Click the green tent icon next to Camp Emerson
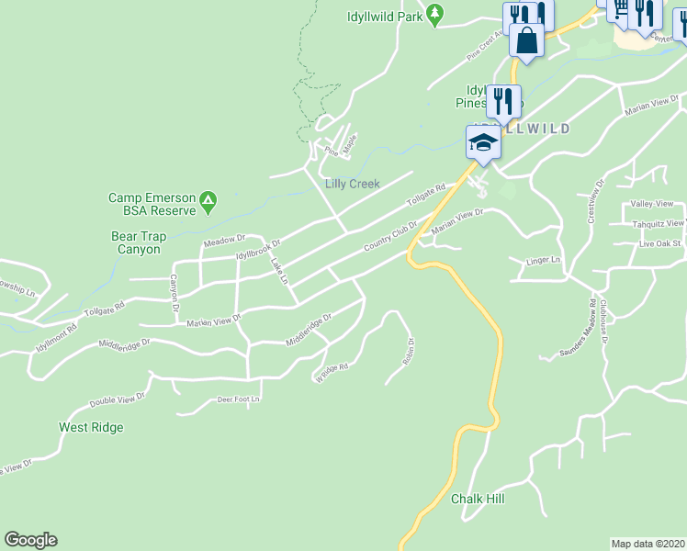[x=209, y=198]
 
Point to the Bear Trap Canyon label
[x=136, y=242]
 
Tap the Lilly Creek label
[x=353, y=184]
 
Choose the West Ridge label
[x=91, y=427]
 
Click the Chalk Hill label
[x=478, y=499]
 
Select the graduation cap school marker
[x=483, y=141]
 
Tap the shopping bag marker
[x=527, y=40]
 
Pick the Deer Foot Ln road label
[x=238, y=399]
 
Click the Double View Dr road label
[x=118, y=400]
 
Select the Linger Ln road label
[x=543, y=261]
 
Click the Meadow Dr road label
[x=226, y=241]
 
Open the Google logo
[x=31, y=540]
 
